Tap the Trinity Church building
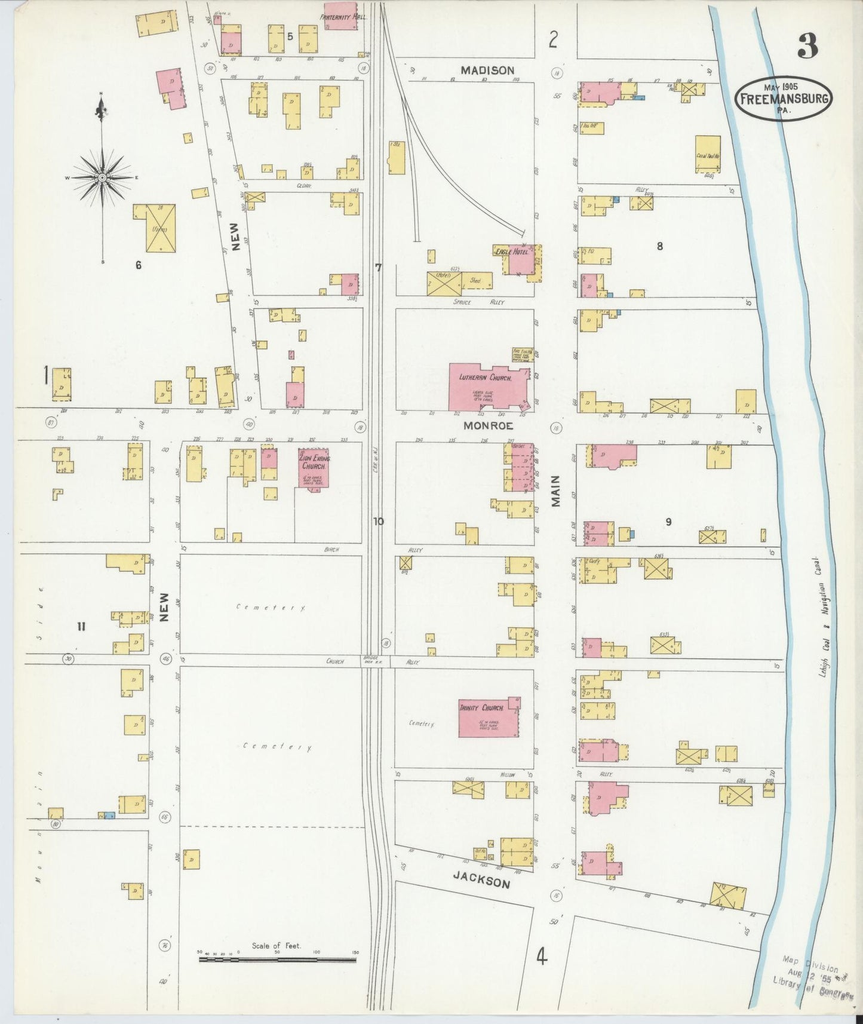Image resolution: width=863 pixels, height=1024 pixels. pyautogui.click(x=487, y=717)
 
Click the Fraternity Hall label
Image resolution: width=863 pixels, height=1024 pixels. pyautogui.click(x=343, y=17)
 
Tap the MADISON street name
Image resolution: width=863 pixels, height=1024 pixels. pyautogui.click(x=487, y=70)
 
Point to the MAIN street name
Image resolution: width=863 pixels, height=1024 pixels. pyautogui.click(x=556, y=490)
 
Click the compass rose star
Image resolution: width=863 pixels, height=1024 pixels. pyautogui.click(x=102, y=177)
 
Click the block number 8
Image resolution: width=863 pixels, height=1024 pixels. pyautogui.click(x=659, y=246)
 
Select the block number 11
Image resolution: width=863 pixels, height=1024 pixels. pyautogui.click(x=81, y=626)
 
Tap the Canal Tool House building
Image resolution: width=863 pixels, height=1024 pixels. pyautogui.click(x=708, y=155)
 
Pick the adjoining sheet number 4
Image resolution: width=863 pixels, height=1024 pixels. pyautogui.click(x=541, y=957)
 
